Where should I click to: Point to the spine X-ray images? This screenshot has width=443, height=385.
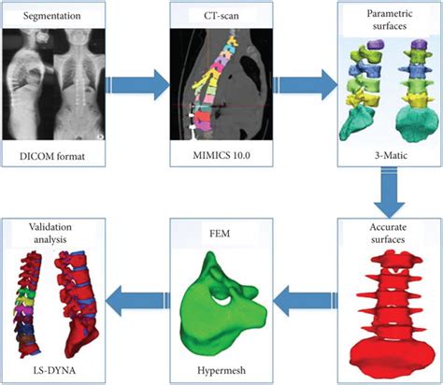coord(64,87)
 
